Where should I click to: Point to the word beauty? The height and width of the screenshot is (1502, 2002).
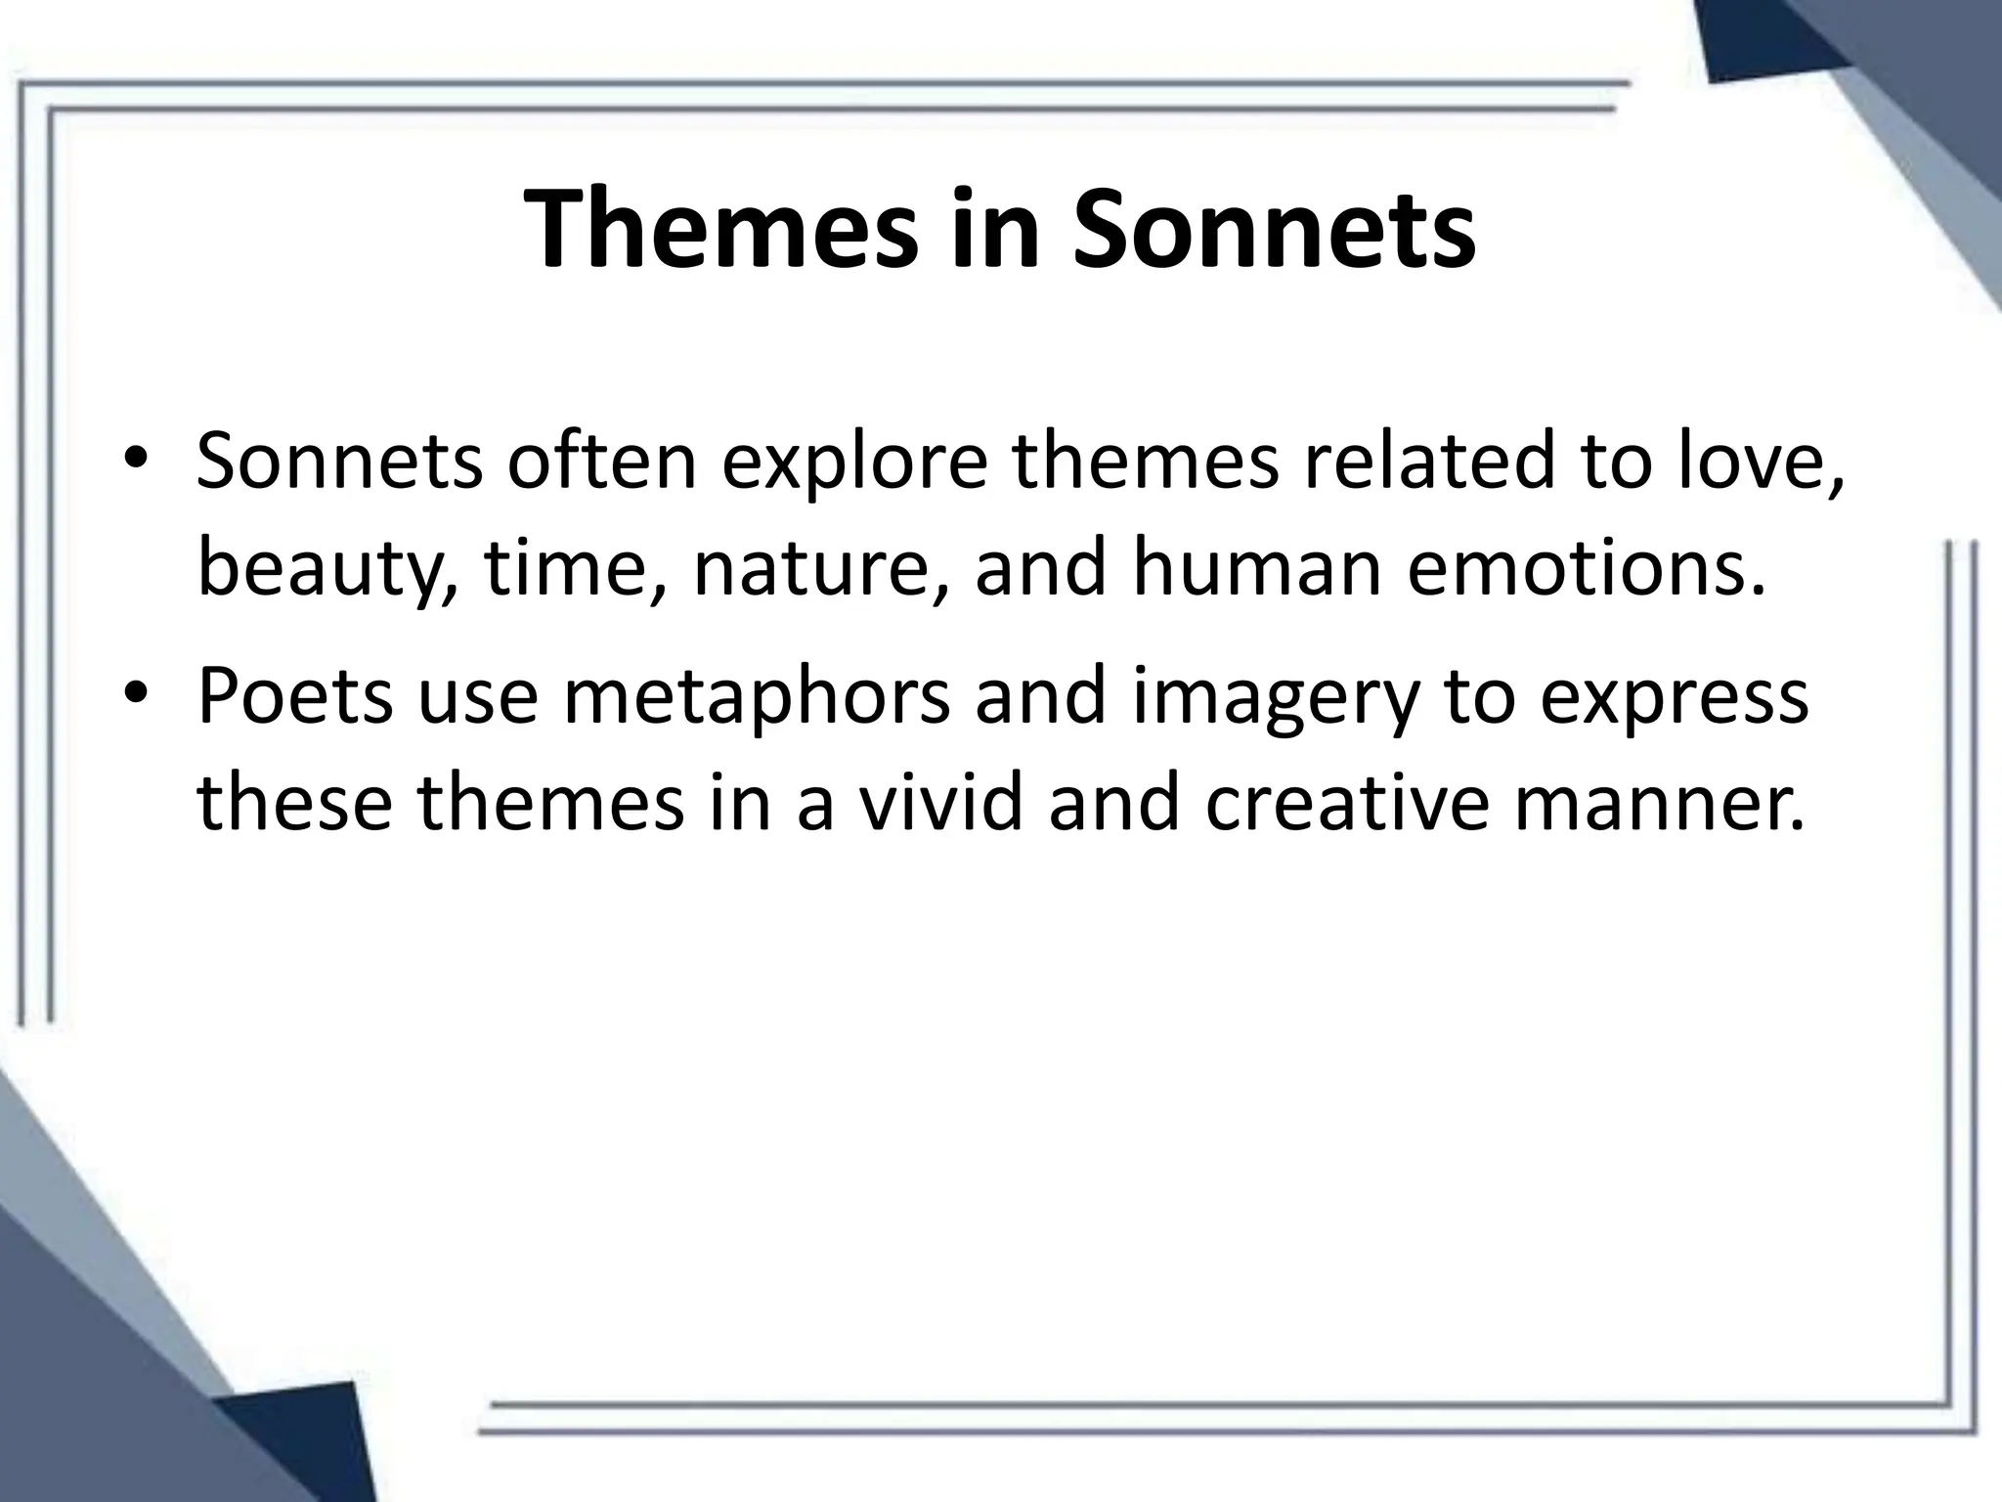pos(324,570)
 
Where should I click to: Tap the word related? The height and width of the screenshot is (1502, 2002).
pos(1427,462)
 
